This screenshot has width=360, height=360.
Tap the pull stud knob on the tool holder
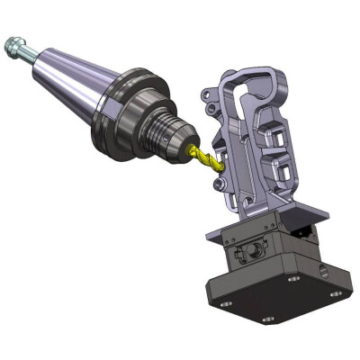(13, 42)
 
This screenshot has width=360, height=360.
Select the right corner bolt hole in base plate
(335, 293)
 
